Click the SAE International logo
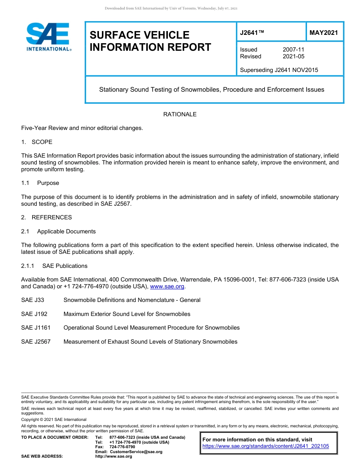[48, 36]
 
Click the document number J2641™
[252, 33]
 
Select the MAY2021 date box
[324, 33]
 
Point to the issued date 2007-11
[293, 50]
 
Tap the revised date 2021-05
[293, 56]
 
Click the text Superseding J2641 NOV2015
[279, 70]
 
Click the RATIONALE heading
[180, 114]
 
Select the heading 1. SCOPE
[37, 142]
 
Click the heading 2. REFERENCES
[46, 217]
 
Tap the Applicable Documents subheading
[66, 231]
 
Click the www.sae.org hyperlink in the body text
[167, 287]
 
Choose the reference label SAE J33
[33, 300]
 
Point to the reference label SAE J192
[34, 314]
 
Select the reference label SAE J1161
[36, 328]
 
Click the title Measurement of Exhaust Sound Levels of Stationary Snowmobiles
[150, 342]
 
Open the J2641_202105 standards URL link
[266, 446]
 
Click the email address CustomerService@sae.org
[136, 452]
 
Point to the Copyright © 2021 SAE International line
[54, 419]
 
